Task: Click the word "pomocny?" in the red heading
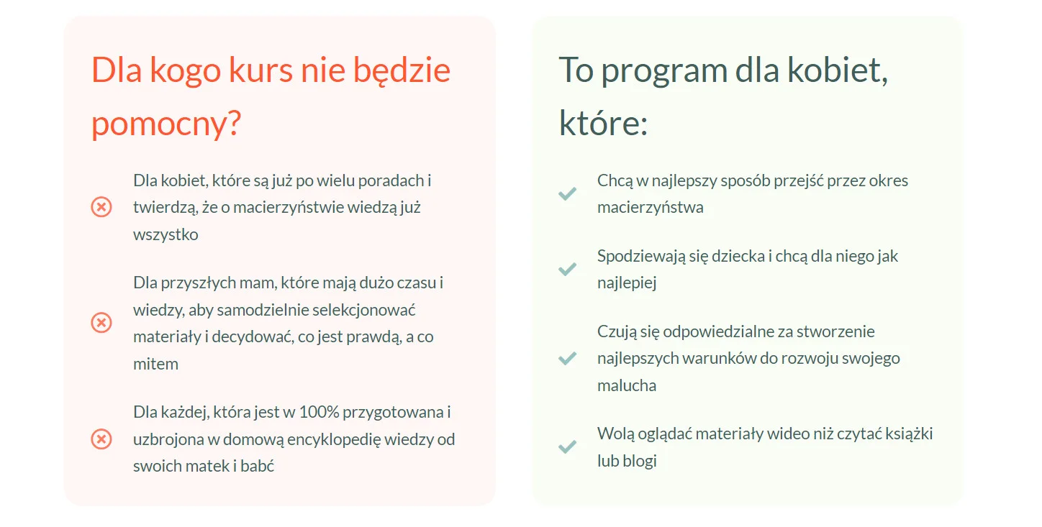[x=166, y=124]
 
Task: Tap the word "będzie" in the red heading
[x=402, y=70]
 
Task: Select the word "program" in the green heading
[x=664, y=71]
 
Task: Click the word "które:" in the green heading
[x=603, y=123]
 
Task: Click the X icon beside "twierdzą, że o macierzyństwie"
[x=101, y=207]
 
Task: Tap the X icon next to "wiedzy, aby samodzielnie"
[x=101, y=323]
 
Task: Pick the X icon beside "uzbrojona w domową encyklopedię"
[x=101, y=439]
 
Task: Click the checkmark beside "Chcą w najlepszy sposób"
[x=568, y=193]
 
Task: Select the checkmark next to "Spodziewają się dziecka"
[x=568, y=269]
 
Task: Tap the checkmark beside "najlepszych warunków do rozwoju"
[x=568, y=358]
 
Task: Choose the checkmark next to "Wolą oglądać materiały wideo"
[x=568, y=446]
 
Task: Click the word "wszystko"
[x=166, y=234]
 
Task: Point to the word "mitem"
[x=156, y=363]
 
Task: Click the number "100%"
[x=319, y=412]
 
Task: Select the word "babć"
[x=257, y=466]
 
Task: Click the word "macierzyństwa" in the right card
[x=651, y=207]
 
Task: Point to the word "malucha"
[x=627, y=385]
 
